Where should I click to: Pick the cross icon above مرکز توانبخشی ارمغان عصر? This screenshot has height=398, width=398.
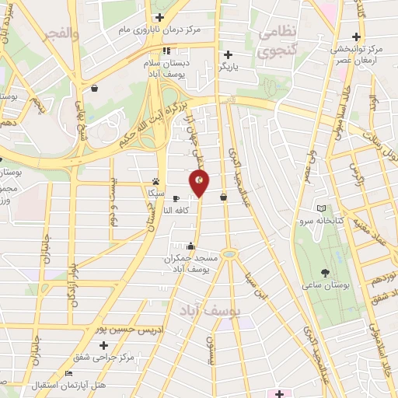[x=356, y=37]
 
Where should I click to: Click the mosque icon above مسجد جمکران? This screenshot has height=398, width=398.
[x=191, y=246]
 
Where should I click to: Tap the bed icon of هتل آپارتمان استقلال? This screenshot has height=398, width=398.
[x=68, y=374]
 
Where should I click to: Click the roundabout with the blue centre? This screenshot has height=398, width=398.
[x=229, y=254]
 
